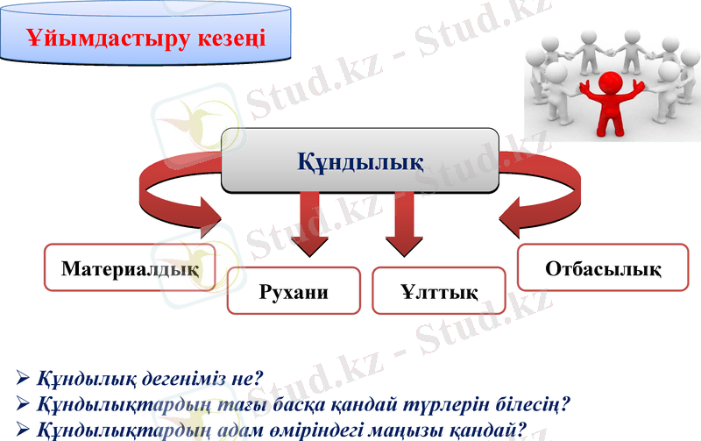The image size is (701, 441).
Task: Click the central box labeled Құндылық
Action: click(x=360, y=161)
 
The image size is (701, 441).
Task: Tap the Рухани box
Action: click(x=294, y=291)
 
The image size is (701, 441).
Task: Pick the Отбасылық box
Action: click(x=603, y=267)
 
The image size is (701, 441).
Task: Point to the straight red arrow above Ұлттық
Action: click(x=404, y=224)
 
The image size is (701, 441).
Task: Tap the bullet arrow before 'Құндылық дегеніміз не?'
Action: click(x=24, y=381)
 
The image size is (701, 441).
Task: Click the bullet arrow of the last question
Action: click(x=24, y=430)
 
